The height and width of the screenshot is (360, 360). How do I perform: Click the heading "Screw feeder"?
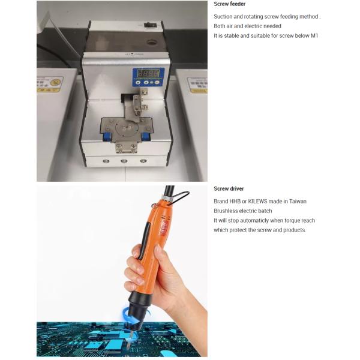229,4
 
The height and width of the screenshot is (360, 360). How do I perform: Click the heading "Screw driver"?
229,189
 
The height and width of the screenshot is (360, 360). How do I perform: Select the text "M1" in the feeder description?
314,36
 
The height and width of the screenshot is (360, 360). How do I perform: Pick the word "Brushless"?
226,211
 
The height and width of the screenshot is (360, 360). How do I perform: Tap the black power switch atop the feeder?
150,25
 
